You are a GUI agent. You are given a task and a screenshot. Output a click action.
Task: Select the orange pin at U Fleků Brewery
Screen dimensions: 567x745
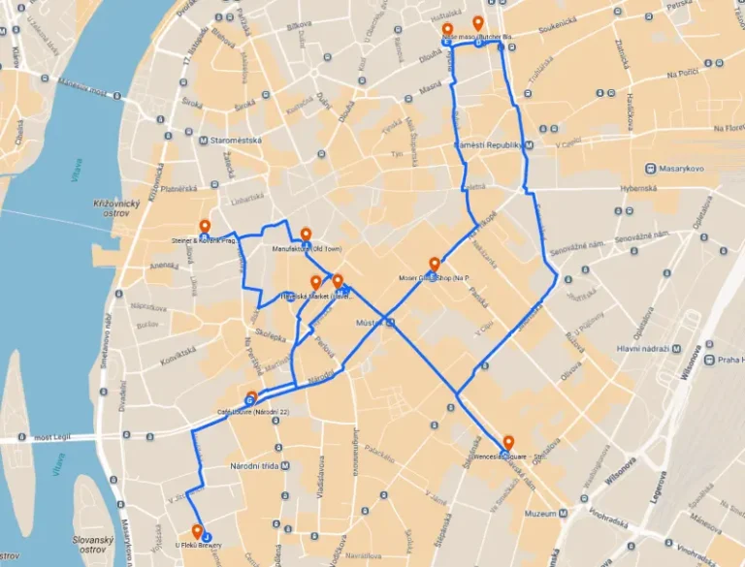coord(197,531)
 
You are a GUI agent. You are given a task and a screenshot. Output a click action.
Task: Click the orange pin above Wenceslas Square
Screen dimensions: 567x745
coord(508,443)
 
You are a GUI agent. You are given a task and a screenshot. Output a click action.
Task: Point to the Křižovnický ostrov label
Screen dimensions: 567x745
coord(116,208)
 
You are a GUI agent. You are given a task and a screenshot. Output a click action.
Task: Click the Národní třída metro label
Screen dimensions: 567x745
coord(253,466)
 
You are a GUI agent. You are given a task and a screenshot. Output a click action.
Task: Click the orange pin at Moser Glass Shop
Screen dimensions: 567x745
coord(434,263)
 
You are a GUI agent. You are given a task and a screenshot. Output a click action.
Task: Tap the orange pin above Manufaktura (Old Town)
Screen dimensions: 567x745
coord(306,234)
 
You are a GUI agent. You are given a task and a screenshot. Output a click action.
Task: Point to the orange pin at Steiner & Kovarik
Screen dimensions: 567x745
coord(205,227)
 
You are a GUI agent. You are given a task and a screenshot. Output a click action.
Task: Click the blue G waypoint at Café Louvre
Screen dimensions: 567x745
coord(250,398)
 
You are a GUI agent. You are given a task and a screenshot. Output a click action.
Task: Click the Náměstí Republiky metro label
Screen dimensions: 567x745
coord(489,144)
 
